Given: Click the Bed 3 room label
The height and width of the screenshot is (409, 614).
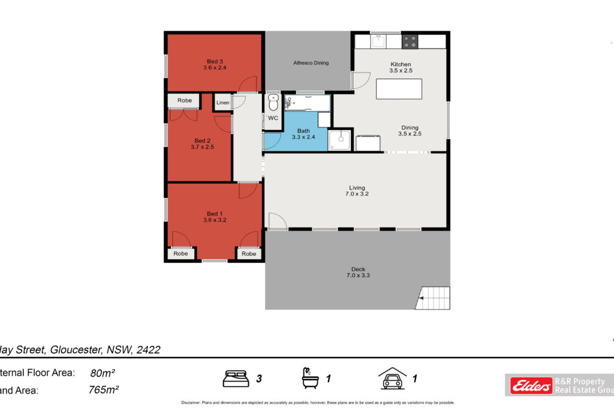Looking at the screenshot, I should pyautogui.click(x=215, y=61).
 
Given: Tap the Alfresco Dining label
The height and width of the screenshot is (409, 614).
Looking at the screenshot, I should pyautogui.click(x=311, y=63).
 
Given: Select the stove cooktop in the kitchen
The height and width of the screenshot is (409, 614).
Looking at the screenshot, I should pyautogui.click(x=410, y=41).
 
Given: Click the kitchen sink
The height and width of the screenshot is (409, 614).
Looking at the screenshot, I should pyautogui.click(x=378, y=41).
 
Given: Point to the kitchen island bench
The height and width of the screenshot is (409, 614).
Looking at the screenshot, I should pyautogui.click(x=399, y=89).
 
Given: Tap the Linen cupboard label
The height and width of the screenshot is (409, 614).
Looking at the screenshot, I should pyautogui.click(x=223, y=103).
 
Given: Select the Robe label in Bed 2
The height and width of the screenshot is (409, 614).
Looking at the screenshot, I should pyautogui.click(x=185, y=101).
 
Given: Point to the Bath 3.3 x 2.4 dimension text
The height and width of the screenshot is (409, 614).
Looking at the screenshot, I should pyautogui.click(x=303, y=137).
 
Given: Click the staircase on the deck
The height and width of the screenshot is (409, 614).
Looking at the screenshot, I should pyautogui.click(x=433, y=298).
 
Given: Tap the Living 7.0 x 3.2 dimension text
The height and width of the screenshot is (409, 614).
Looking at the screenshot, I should pyautogui.click(x=356, y=194).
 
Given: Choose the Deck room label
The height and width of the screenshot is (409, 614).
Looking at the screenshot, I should pyautogui.click(x=358, y=269).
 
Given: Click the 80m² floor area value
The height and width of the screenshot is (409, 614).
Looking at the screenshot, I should pyautogui.click(x=103, y=373).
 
